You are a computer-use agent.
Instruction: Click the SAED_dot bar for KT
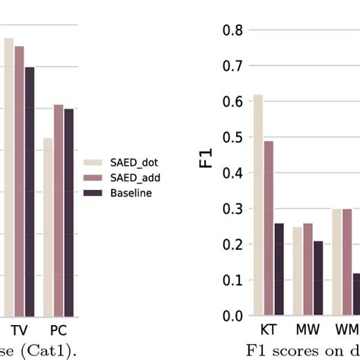258,205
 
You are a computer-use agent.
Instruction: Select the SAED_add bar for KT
268,228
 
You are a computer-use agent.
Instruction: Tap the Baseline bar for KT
278,269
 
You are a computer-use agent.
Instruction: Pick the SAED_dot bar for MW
298,271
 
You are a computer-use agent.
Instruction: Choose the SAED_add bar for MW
308,269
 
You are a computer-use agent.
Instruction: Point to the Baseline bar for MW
317,278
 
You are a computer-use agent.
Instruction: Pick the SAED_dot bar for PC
48,227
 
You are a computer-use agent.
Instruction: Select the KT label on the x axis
268,332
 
